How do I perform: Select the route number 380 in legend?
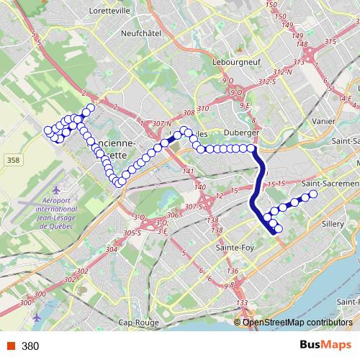click(x=30, y=346)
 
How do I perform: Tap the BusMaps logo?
click(x=325, y=346)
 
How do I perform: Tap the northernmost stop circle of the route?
click(x=91, y=109)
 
